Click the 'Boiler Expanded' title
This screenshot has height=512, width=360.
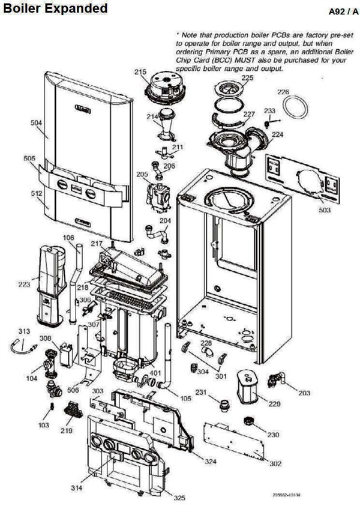[55, 8]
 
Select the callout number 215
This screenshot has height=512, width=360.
[140, 72]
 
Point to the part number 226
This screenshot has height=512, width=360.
[283, 92]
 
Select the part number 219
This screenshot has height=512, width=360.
[65, 430]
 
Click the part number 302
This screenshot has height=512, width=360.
[275, 463]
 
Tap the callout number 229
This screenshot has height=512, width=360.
[274, 404]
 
